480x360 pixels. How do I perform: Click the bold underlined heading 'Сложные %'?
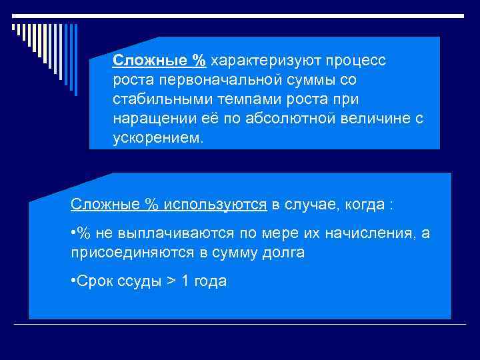pos(159,61)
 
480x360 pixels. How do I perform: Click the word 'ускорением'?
pos(157,138)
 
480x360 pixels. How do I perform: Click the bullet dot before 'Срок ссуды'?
pos(73,281)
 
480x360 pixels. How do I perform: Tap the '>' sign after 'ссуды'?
pos(171,281)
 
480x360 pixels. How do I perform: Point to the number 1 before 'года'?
pos(186,281)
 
